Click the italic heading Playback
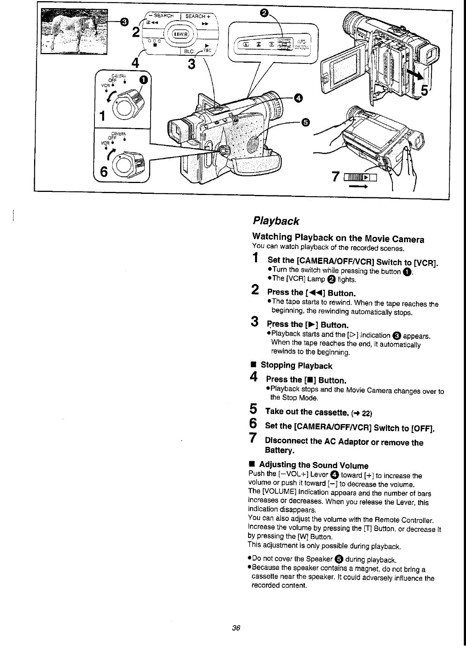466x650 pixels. [276, 221]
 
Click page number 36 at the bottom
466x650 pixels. [236, 628]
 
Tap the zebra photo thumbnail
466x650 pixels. [74, 31]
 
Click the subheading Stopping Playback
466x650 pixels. [296, 366]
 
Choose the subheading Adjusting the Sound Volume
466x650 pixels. [314, 465]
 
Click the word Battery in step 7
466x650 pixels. [279, 450]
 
